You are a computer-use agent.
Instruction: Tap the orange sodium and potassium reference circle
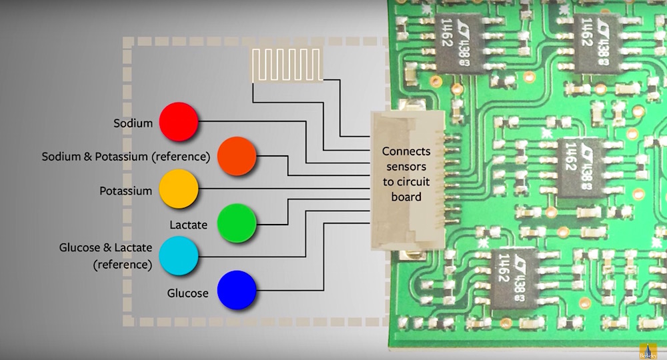pos(237,156)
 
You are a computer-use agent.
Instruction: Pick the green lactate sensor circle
pos(237,223)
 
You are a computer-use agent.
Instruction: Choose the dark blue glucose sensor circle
pos(237,290)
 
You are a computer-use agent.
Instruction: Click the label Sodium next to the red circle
pos(133,123)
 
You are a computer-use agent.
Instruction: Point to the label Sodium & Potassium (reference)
pos(126,157)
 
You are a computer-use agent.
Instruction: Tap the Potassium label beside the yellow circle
pos(125,191)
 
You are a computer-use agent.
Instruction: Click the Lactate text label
pos(188,225)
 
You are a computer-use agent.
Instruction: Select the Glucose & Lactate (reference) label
pos(105,256)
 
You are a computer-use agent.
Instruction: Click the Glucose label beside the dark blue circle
pos(187,293)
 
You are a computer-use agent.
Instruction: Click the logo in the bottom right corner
pos(648,351)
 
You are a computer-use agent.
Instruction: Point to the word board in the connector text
pos(406,197)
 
